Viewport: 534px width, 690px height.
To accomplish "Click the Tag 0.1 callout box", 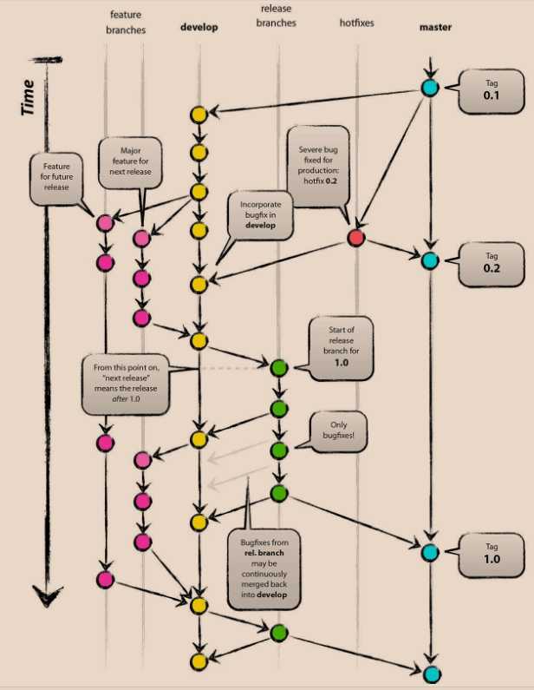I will click(486, 90).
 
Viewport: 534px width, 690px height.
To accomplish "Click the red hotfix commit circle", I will click(355, 237).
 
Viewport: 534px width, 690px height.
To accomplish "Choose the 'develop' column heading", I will click(199, 27).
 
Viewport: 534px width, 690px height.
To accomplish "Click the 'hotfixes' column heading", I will click(356, 23).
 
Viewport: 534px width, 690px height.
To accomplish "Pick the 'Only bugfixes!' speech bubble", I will click(333, 431).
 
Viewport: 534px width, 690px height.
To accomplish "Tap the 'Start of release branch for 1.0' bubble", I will click(341, 347).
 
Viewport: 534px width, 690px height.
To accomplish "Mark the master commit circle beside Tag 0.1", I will click(430, 88).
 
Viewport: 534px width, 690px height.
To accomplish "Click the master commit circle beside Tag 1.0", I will click(430, 552).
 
